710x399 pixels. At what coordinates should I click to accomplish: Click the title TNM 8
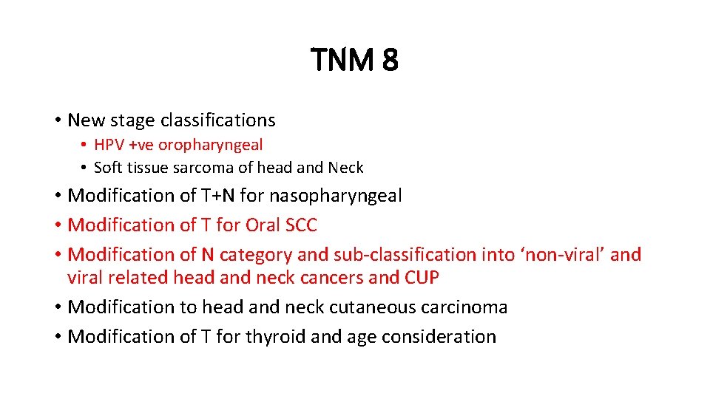click(354, 60)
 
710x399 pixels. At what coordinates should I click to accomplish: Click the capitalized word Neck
click(346, 168)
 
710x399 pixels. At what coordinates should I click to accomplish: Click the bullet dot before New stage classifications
click(57, 120)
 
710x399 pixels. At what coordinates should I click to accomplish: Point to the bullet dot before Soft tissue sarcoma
click(85, 168)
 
